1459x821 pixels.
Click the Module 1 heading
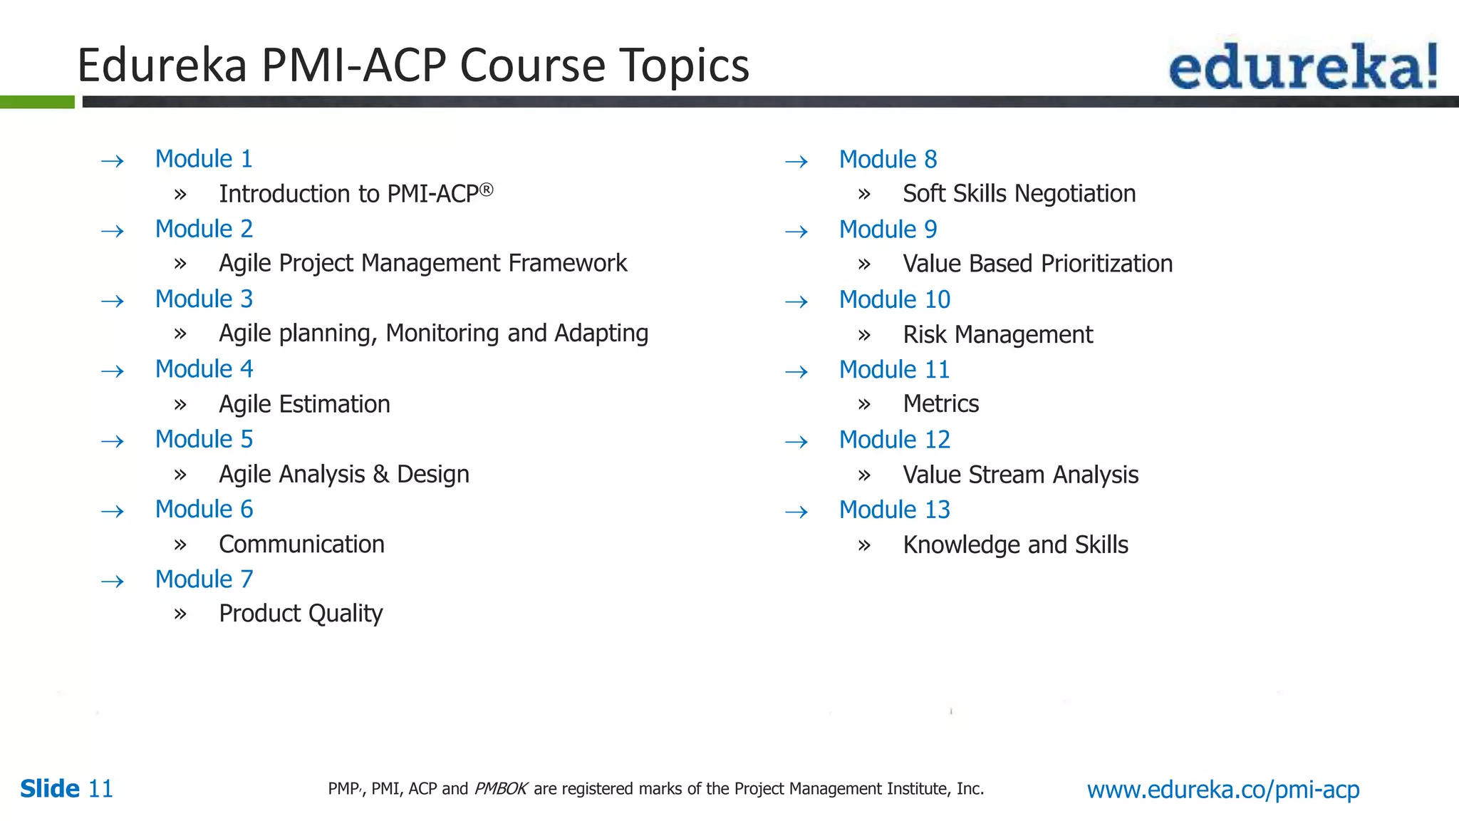pos(204,159)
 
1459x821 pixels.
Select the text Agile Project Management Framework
pos(422,264)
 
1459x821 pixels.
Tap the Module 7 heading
pos(204,579)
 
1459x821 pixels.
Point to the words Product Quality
pos(301,614)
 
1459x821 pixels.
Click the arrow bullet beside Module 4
pos(113,371)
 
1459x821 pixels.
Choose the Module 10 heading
pos(894,300)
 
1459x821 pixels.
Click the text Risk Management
pos(997,335)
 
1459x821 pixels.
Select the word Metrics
pos(940,404)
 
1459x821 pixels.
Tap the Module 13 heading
pos(894,510)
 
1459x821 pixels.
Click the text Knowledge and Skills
pos(1015,545)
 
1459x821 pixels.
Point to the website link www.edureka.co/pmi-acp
pos(1222,790)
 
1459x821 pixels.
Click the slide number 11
pos(100,789)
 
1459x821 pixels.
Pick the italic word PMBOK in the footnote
pos(501,789)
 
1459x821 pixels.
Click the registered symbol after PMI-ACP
pos(486,190)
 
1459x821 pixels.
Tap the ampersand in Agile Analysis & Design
pos(380,475)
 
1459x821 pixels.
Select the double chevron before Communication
pos(180,545)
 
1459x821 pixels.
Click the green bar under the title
pos(37,102)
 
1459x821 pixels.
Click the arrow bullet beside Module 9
pos(796,232)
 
